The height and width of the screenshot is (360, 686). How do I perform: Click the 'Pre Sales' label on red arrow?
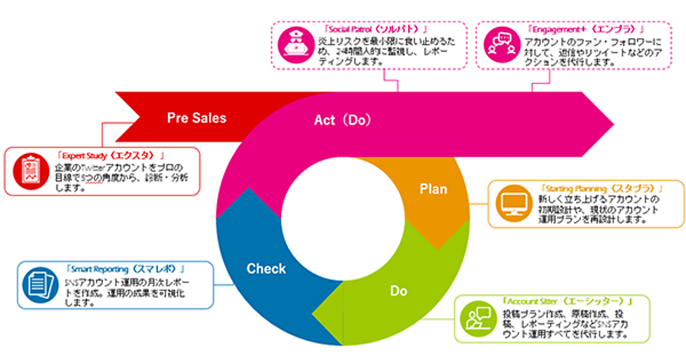coord(197,118)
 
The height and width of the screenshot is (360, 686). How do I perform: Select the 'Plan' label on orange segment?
coord(433,189)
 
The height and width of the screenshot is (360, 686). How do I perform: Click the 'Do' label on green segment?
coord(398,291)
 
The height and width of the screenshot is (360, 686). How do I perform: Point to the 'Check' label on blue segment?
coord(266,269)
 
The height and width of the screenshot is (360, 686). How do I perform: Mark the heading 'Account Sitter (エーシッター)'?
coord(566,301)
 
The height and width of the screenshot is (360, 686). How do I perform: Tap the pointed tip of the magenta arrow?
coord(613,124)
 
